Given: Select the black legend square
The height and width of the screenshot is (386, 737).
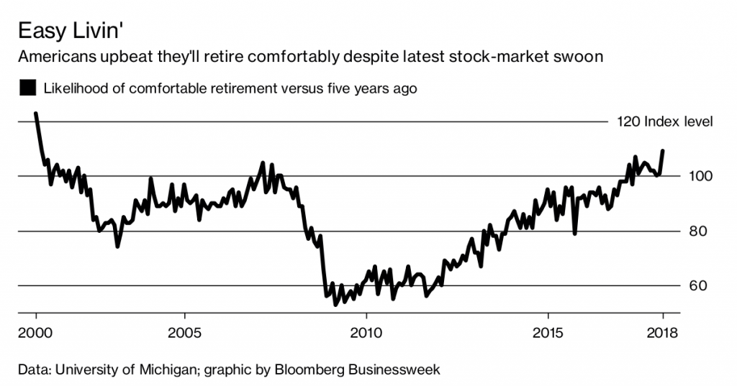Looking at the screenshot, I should pos(28,88).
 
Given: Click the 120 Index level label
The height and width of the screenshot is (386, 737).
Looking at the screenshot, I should pos(664,121).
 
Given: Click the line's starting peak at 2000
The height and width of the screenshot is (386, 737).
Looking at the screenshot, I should pos(36,114).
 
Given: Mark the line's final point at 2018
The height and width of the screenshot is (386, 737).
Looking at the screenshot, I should pos(662,150).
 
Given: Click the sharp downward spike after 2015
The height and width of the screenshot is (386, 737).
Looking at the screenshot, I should pos(574,233).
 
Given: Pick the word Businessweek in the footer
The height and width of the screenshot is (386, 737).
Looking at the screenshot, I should pos(394,370).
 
